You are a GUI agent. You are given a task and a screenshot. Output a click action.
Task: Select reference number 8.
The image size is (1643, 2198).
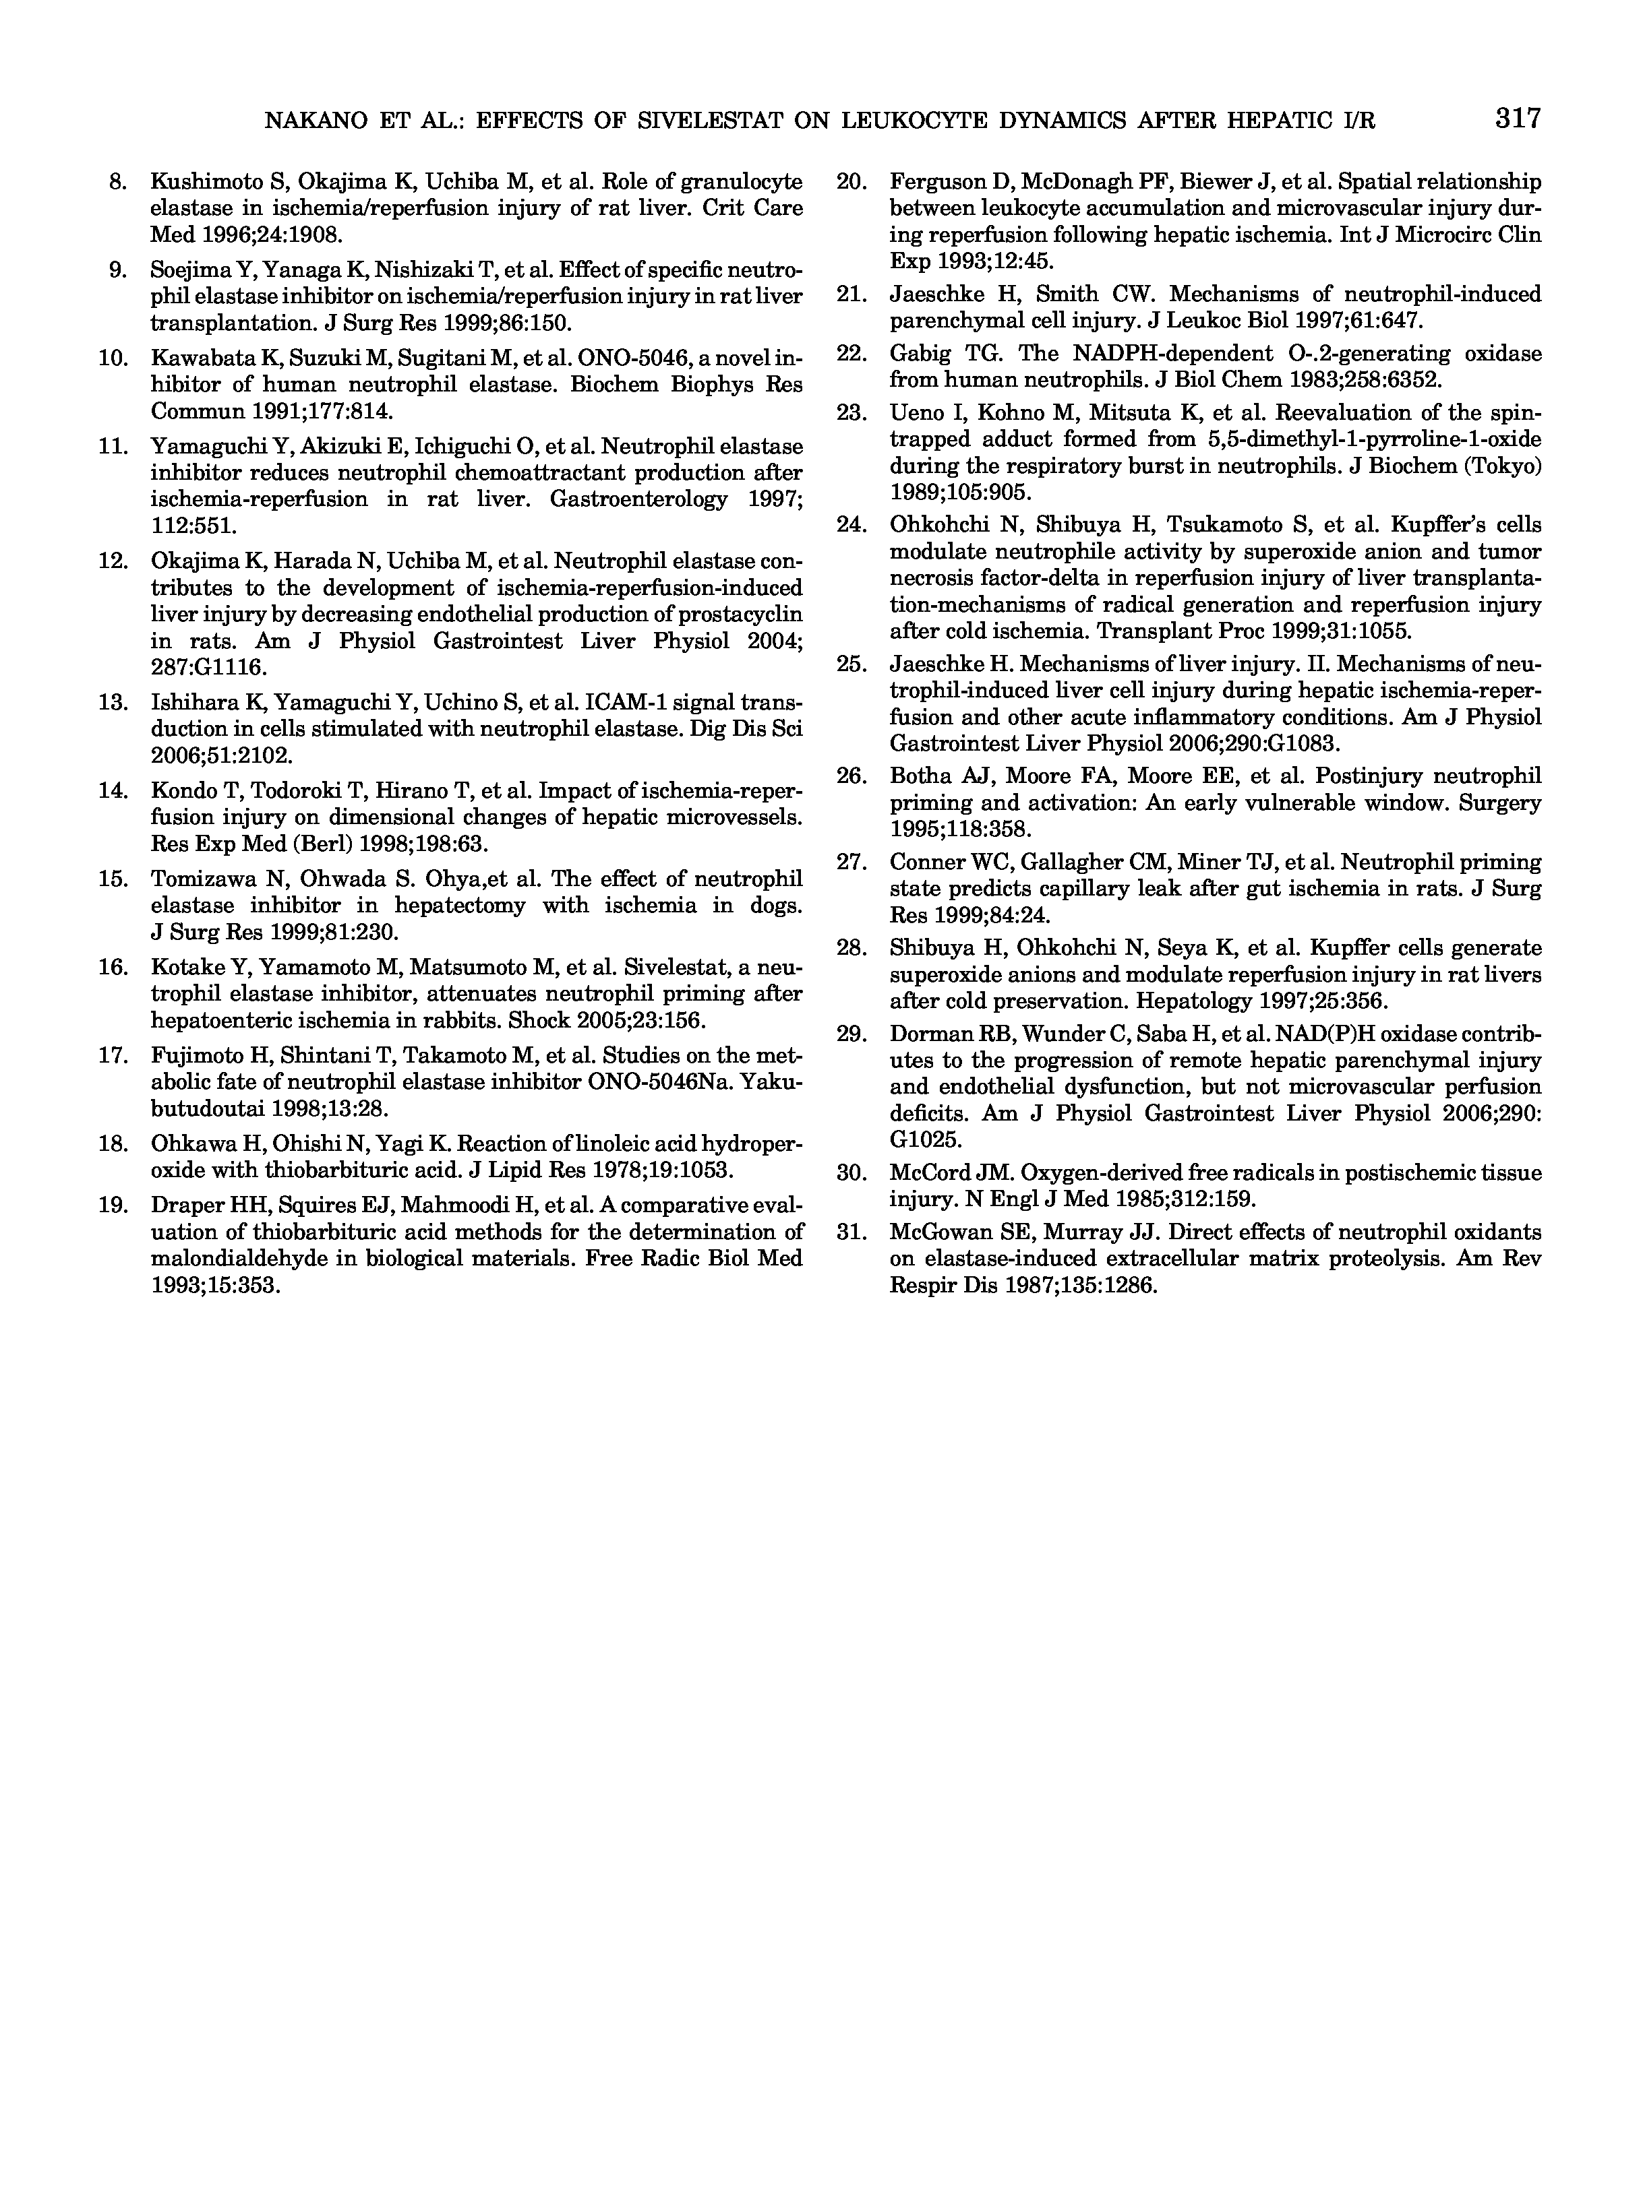pyautogui.click(x=117, y=182)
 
